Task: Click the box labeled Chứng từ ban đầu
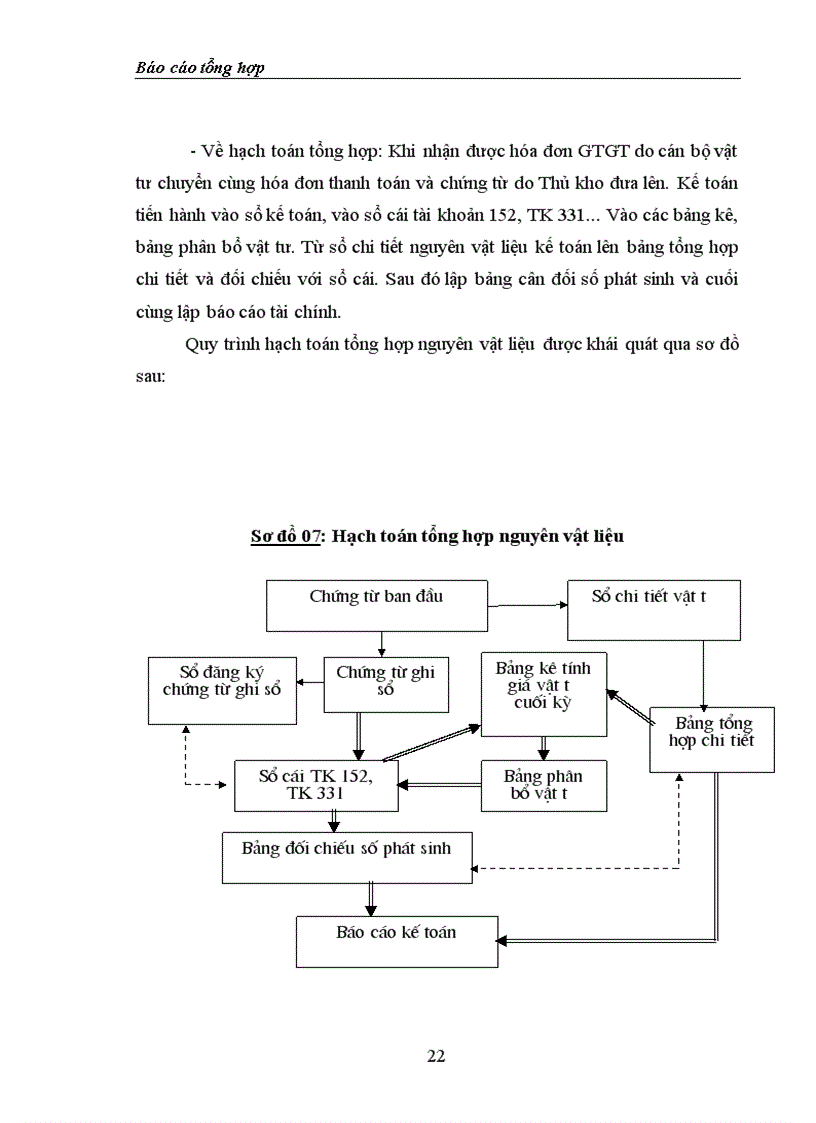pyautogui.click(x=376, y=604)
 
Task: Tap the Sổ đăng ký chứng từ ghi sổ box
pyautogui.click(x=222, y=690)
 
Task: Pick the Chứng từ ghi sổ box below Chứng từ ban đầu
pyautogui.click(x=385, y=684)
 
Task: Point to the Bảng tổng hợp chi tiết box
pyautogui.click(x=712, y=739)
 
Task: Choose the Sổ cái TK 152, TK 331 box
pyautogui.click(x=316, y=785)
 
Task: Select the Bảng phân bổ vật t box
pyautogui.click(x=544, y=785)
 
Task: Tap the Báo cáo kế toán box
pyautogui.click(x=397, y=941)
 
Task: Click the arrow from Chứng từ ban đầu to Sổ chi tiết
pyautogui.click(x=527, y=605)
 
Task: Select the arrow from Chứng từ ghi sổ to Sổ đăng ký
pyautogui.click(x=310, y=683)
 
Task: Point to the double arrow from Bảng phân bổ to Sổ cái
pyautogui.click(x=440, y=785)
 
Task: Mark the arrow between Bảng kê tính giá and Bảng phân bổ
pyautogui.click(x=543, y=748)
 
